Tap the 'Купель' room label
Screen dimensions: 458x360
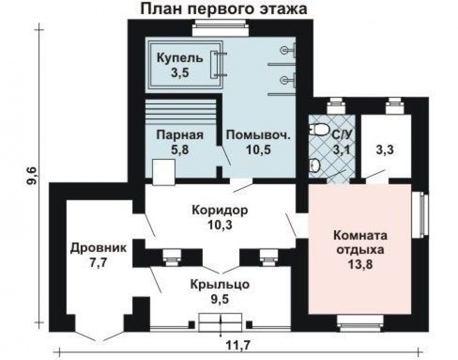click(x=180, y=58)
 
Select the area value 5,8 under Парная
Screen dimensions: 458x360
click(x=180, y=150)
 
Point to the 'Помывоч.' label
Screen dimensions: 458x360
click(x=259, y=135)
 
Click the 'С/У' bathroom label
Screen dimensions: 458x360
click(x=341, y=135)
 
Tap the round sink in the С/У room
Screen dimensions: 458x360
click(x=315, y=165)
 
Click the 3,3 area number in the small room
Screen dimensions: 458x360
click(x=385, y=150)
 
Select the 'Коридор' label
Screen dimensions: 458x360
click(x=220, y=210)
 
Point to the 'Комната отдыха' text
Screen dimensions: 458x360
click(x=361, y=243)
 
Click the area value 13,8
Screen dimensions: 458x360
click(x=361, y=265)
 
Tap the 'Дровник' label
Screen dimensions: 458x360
click(x=98, y=248)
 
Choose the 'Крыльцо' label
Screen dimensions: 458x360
click(x=220, y=285)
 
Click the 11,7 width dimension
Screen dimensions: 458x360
click(x=238, y=346)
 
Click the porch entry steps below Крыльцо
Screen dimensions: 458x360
click(x=220, y=322)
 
